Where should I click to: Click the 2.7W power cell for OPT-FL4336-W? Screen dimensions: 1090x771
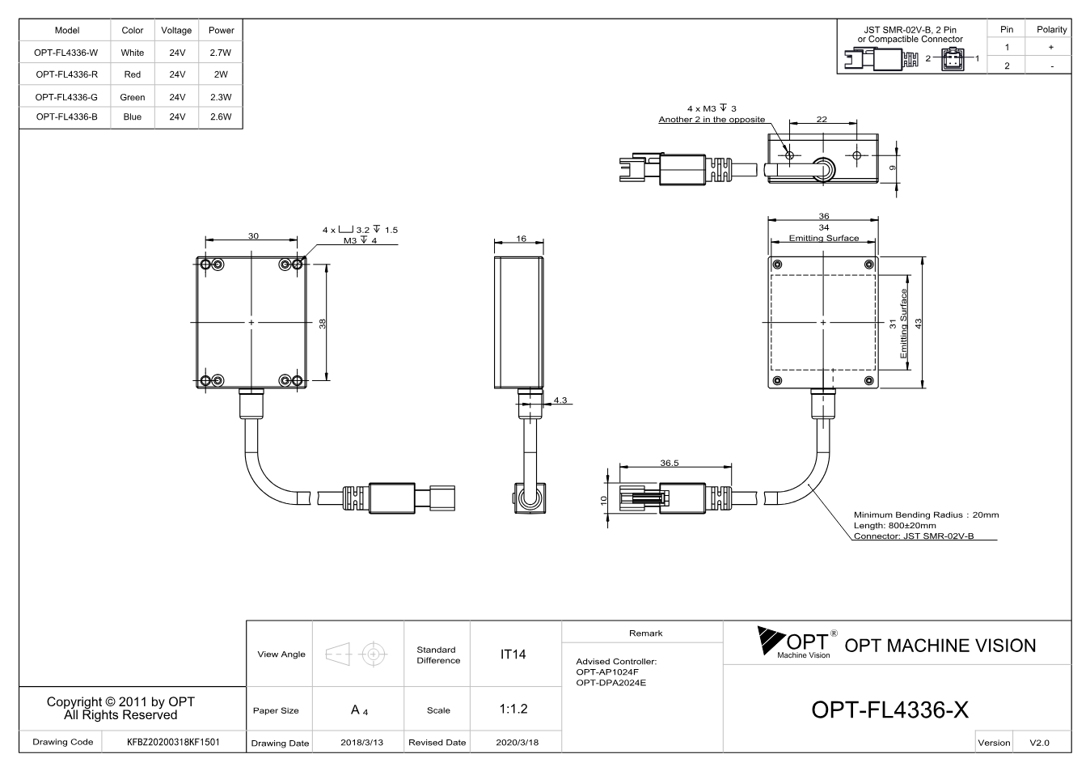click(x=221, y=53)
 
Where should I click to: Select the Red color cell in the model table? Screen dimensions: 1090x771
click(x=133, y=74)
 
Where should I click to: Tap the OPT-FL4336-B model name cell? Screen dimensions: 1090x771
click(x=66, y=116)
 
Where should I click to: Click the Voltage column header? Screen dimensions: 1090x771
click(x=176, y=31)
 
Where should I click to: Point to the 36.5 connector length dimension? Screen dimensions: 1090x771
click(x=669, y=463)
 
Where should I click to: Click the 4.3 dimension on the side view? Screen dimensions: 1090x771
click(x=560, y=400)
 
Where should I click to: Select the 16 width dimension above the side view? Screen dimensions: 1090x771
click(x=522, y=239)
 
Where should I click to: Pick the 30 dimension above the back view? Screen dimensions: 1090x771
click(x=253, y=236)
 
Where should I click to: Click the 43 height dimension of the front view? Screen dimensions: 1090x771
click(x=919, y=323)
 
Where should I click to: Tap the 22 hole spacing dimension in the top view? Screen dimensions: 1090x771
click(x=822, y=119)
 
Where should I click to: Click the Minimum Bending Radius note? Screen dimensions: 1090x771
click(x=926, y=515)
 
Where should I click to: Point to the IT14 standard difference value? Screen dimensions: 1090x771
click(x=513, y=655)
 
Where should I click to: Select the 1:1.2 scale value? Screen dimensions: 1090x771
click(x=513, y=709)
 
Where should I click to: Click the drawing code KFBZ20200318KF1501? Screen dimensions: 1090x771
click(x=173, y=742)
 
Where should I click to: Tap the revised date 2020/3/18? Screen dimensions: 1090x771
click(x=518, y=743)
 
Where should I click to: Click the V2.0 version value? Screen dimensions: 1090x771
click(x=1039, y=743)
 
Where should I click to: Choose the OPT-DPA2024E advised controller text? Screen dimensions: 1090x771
click(x=611, y=683)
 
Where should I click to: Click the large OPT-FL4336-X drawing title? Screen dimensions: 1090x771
click(x=890, y=710)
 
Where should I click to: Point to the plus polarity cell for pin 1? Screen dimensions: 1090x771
click(x=1051, y=47)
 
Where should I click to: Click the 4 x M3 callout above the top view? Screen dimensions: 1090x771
click(x=712, y=108)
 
